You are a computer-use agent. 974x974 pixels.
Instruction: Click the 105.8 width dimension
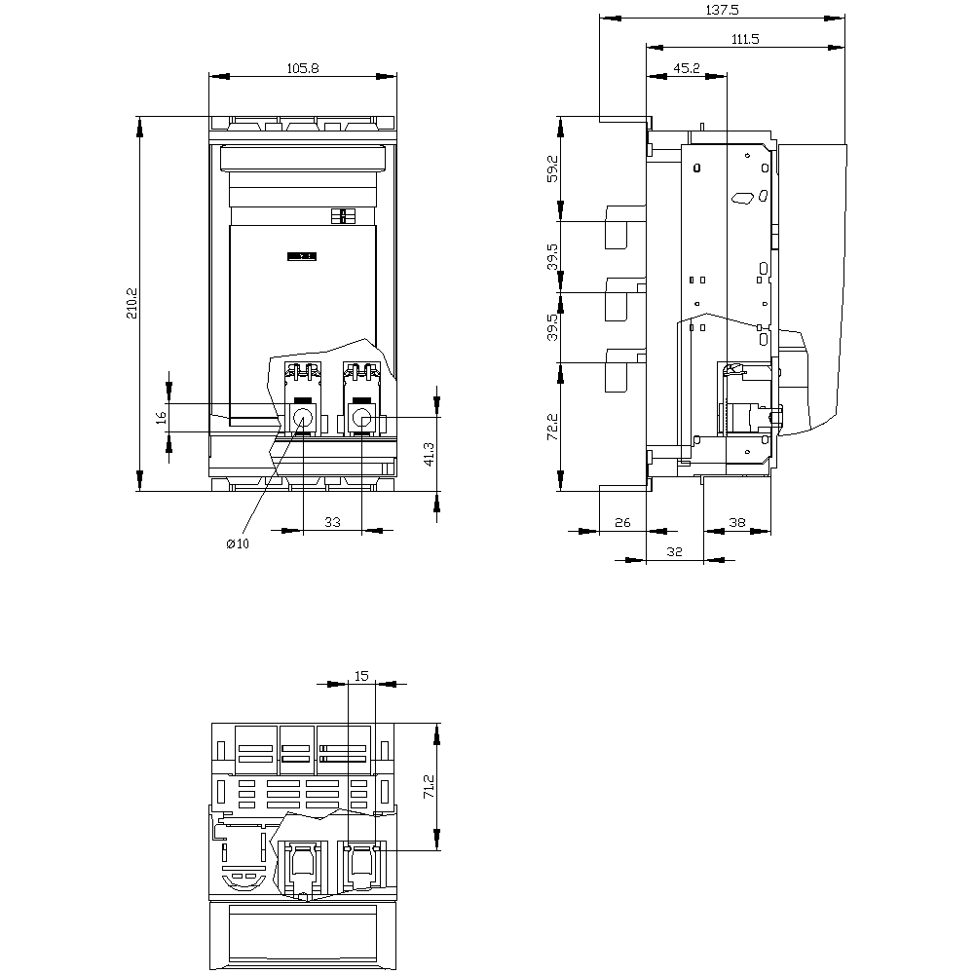pos(303,68)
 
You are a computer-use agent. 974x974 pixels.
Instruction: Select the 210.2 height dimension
pos(132,303)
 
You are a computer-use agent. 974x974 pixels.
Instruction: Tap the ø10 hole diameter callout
pos(238,544)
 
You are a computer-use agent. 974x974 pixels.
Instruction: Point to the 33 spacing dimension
pos(332,522)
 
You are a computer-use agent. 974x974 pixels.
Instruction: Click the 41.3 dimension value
pos(429,455)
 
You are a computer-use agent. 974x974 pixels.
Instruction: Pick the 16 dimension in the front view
pos(162,418)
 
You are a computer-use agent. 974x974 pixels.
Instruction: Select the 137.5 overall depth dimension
pos(722,10)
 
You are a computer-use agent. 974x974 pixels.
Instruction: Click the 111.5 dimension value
pos(745,39)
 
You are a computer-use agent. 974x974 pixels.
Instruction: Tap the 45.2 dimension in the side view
pos(687,68)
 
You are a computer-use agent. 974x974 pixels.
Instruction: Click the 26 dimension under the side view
pos(622,522)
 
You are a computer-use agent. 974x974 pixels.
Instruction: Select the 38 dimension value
pos(736,522)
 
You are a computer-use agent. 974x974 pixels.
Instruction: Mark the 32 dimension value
pos(675,551)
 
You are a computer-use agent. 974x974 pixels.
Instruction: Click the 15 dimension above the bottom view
pos(361,675)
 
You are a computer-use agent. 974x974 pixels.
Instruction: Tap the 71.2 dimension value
pos(429,786)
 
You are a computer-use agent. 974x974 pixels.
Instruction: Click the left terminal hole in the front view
pos(303,418)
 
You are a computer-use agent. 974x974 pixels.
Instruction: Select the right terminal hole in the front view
pos(361,418)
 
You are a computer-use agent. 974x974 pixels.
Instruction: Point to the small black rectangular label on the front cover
pos(302,256)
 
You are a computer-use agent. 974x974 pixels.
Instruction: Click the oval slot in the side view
pos(742,198)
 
